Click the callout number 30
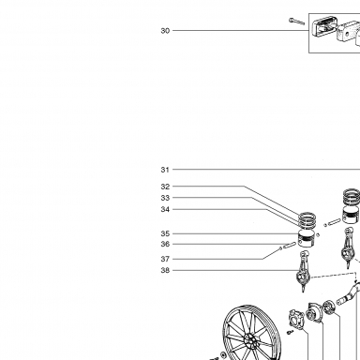(x=165, y=31)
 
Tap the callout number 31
(x=165, y=170)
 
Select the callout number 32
(x=165, y=187)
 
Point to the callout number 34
(x=165, y=209)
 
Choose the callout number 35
(x=165, y=233)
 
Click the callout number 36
(x=165, y=244)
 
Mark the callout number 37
(x=165, y=259)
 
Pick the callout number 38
(x=165, y=270)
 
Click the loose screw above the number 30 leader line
(x=296, y=22)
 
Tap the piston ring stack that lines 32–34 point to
(x=307, y=220)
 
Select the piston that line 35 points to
(x=307, y=238)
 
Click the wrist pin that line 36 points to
(x=290, y=245)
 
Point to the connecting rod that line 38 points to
(x=304, y=271)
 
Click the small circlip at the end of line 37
(x=280, y=248)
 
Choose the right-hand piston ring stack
(x=352, y=197)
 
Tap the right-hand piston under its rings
(x=352, y=216)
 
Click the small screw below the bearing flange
(x=291, y=332)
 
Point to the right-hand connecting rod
(x=348, y=247)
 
